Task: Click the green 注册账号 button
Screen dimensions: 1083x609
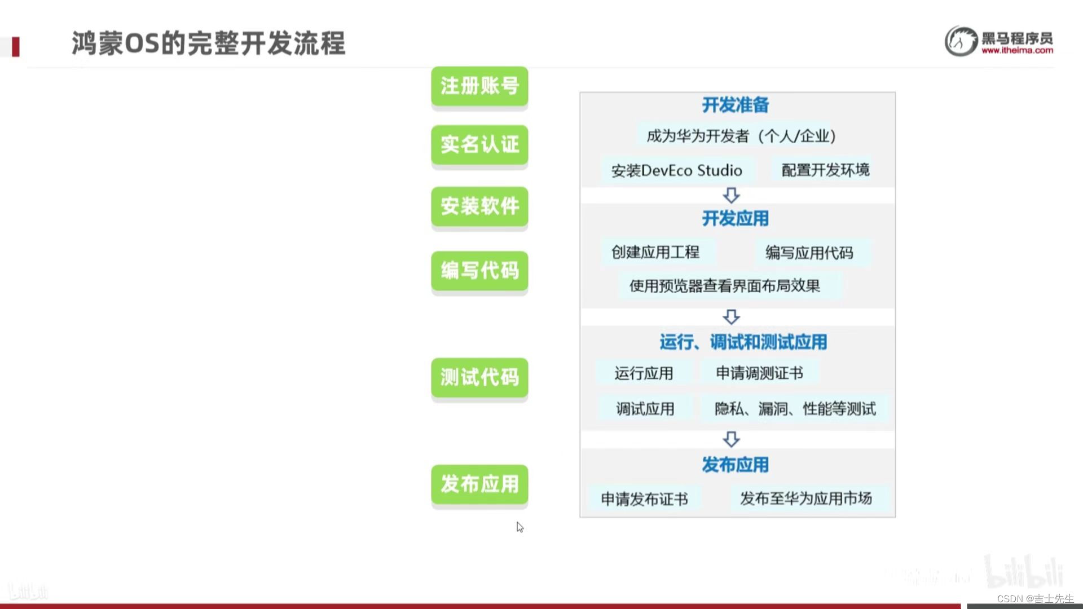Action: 479,86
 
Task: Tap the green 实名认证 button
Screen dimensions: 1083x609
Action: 479,145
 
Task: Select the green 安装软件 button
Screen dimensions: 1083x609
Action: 479,206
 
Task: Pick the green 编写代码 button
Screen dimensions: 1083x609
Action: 479,271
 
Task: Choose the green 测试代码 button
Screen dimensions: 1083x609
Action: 479,377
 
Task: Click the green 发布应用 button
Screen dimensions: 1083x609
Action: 479,484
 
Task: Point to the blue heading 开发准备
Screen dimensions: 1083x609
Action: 735,105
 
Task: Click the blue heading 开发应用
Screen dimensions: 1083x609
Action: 735,219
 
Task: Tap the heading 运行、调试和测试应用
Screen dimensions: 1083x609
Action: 743,342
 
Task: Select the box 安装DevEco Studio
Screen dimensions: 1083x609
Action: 676,170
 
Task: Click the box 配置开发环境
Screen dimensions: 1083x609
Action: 825,170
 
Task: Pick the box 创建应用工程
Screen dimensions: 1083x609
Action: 655,252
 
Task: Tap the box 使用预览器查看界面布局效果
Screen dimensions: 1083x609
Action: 725,286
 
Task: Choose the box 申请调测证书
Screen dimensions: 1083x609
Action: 759,373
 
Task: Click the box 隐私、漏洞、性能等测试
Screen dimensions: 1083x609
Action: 795,409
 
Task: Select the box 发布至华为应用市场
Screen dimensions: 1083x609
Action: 806,498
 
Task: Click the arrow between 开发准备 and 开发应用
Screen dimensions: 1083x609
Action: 732,196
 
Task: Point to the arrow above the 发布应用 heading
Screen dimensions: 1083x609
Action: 732,439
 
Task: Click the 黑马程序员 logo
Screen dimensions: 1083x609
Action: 998,41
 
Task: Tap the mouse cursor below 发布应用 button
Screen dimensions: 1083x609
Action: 520,527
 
